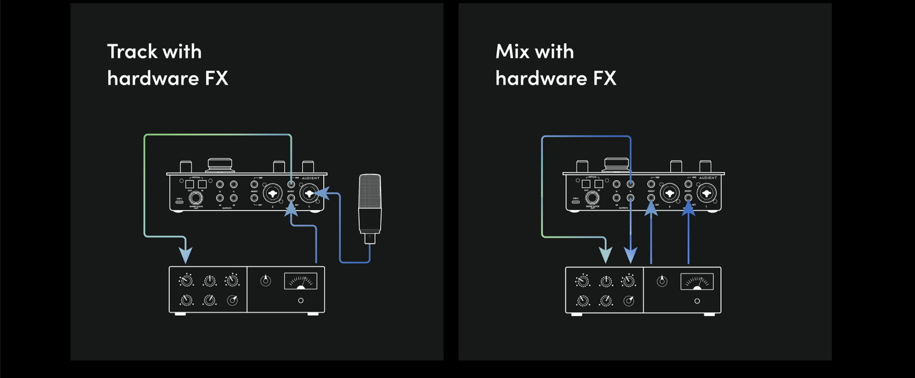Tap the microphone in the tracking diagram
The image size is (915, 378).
click(x=370, y=204)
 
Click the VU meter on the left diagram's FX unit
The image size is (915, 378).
click(x=301, y=280)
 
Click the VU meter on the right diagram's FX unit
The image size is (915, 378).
click(x=697, y=281)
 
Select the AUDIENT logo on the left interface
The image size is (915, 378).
click(x=311, y=178)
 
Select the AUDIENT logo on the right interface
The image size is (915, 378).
click(x=707, y=178)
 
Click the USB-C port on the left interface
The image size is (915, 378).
click(x=179, y=202)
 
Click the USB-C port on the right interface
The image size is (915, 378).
click(x=576, y=202)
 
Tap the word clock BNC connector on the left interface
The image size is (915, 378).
click(x=195, y=198)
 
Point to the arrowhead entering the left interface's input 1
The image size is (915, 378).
click(x=324, y=193)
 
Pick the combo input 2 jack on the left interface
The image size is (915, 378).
click(x=272, y=192)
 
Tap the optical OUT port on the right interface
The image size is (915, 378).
click(x=586, y=184)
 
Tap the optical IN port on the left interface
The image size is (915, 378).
click(x=202, y=184)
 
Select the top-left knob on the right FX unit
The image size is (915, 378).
click(x=584, y=282)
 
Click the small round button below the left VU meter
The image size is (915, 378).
click(x=301, y=301)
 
